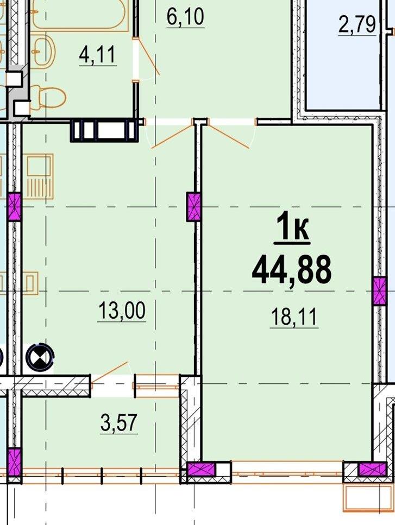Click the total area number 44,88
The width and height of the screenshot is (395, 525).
pyautogui.click(x=291, y=269)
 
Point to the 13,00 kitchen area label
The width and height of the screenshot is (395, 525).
pyautogui.click(x=122, y=311)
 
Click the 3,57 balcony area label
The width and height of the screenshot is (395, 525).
pyautogui.click(x=119, y=422)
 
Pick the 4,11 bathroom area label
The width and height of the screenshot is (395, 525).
pyautogui.click(x=97, y=55)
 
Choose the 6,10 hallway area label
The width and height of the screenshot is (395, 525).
pyautogui.click(x=185, y=17)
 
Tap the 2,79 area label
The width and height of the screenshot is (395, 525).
pyautogui.click(x=357, y=24)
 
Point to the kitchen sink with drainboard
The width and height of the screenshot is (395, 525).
pyautogui.click(x=40, y=176)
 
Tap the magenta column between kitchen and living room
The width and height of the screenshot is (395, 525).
pyautogui.click(x=193, y=207)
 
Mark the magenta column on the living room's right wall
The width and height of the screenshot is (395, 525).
pyautogui.click(x=379, y=291)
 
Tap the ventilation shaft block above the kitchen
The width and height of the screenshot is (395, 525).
pyautogui.click(x=104, y=130)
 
